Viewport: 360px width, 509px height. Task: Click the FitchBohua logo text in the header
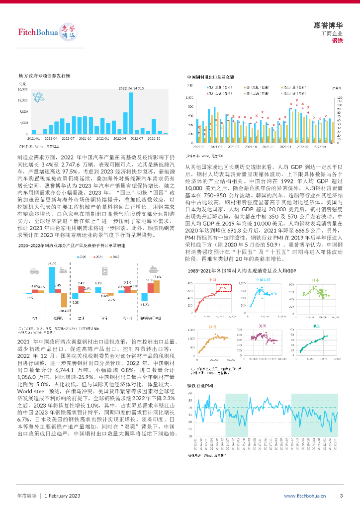[x=37, y=33]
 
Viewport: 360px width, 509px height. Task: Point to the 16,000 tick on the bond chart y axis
[x=23, y=90]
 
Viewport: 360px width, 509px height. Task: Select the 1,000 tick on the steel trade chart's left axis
[x=190, y=98]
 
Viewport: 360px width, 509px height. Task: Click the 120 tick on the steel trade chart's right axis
[x=339, y=98]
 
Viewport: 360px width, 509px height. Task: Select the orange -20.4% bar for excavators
[x=64, y=300]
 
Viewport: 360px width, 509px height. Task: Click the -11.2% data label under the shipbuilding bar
[x=145, y=304]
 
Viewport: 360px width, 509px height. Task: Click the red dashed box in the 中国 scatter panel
[x=223, y=287]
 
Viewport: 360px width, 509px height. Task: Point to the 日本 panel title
[x=315, y=280]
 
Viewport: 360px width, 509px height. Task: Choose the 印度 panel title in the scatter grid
[x=315, y=325]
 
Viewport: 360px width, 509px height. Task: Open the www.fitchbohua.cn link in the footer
[x=305, y=496]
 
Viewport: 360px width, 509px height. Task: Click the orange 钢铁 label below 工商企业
[x=337, y=40]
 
